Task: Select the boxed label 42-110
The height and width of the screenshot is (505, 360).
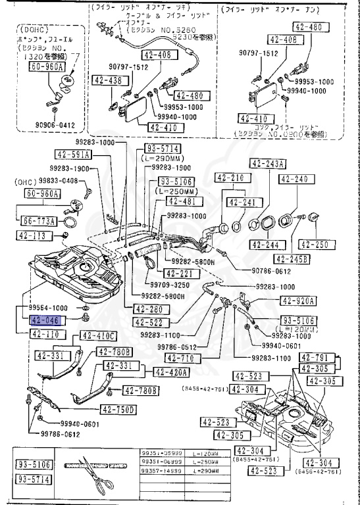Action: [x=45, y=334]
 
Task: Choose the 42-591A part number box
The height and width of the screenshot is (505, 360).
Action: [x=72, y=155]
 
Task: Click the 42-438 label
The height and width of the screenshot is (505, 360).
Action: [x=107, y=81]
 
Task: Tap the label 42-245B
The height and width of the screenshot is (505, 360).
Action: [x=295, y=258]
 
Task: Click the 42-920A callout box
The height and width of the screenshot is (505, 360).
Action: [x=299, y=301]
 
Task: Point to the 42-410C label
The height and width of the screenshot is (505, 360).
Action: [x=99, y=336]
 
